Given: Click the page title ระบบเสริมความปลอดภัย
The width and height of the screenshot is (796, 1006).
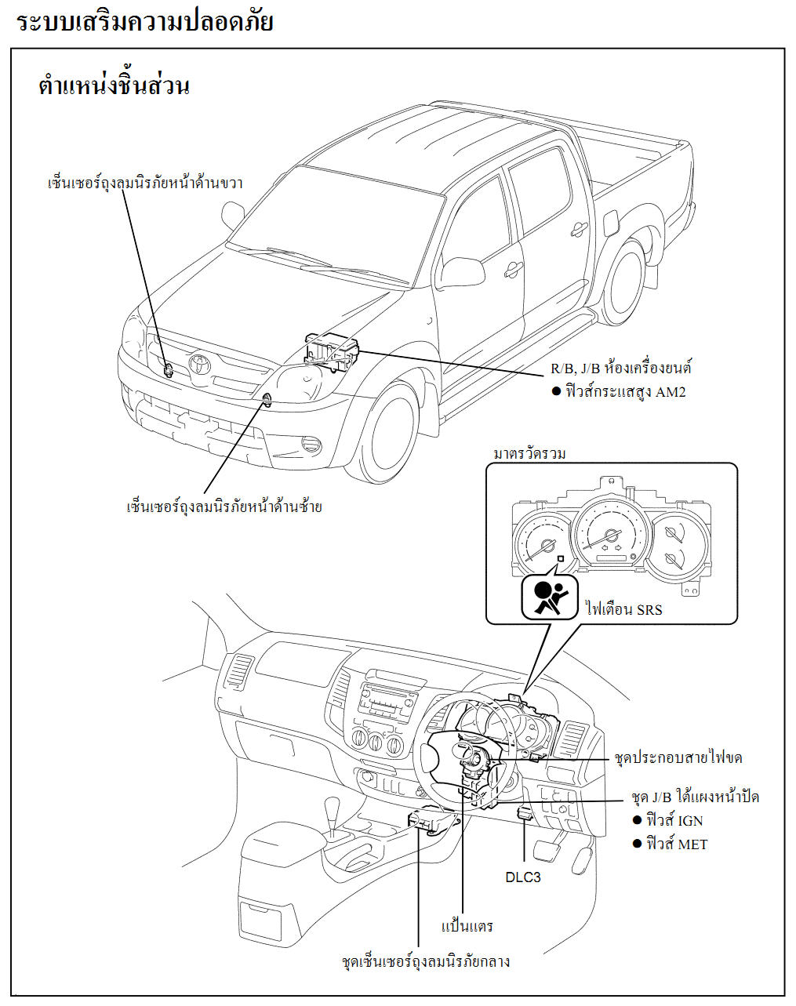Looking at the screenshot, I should [x=144, y=21].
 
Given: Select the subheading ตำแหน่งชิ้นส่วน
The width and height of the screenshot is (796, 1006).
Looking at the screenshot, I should [x=114, y=85].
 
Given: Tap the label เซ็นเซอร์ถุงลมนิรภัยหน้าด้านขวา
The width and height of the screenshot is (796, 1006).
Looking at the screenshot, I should [x=145, y=183].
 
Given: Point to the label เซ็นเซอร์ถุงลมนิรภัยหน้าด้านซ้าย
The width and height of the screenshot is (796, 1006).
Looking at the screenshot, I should [x=224, y=507].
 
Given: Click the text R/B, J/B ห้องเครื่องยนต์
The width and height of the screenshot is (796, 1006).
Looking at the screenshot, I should [x=620, y=368].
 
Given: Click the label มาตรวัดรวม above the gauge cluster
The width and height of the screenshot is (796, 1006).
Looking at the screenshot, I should [x=529, y=454].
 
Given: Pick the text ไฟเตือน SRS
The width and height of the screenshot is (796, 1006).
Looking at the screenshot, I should [x=624, y=609].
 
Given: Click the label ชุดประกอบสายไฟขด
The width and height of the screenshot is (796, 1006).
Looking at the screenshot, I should [x=678, y=758].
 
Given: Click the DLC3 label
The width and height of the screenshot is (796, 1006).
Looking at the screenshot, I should [x=523, y=877].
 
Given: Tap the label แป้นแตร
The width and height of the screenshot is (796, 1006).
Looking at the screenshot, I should [x=467, y=927].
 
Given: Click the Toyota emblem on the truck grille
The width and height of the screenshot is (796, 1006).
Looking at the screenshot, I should [x=198, y=363].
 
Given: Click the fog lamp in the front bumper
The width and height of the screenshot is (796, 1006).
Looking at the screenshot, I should [x=311, y=445].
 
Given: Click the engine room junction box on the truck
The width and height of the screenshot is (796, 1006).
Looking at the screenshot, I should [x=333, y=350].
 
